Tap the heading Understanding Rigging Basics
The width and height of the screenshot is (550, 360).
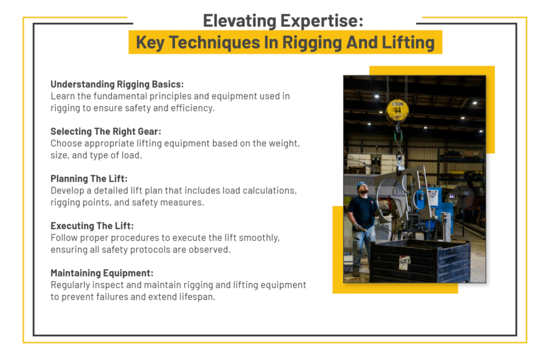pyautogui.click(x=117, y=84)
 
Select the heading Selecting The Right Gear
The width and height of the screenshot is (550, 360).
pyautogui.click(x=106, y=132)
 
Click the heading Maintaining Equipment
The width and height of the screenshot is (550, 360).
pyautogui.click(x=102, y=273)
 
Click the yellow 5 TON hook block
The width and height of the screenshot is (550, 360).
pyautogui.click(x=397, y=111)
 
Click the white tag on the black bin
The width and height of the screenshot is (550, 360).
pyautogui.click(x=404, y=262)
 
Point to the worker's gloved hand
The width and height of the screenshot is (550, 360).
pyautogui.click(x=357, y=227)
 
